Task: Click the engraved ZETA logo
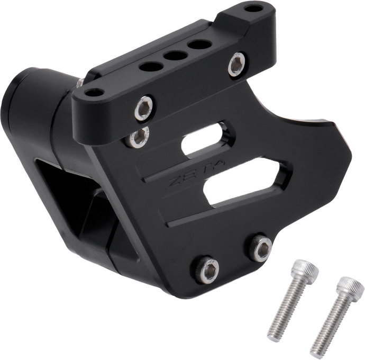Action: coord(196,173)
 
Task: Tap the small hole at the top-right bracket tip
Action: coord(253,9)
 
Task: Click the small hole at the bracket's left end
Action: coord(94,93)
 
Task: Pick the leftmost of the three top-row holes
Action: coord(151,67)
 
